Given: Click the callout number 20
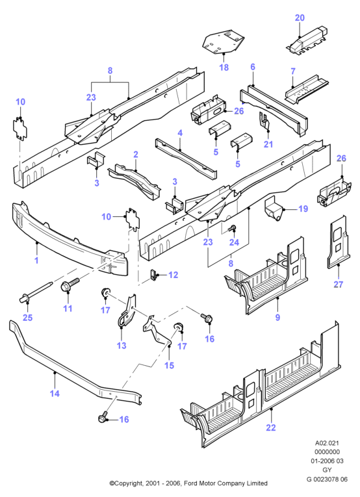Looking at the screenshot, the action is tap(300, 18).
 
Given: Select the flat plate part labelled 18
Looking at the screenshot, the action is tap(223, 42).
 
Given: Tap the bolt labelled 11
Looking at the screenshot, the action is tap(70, 284).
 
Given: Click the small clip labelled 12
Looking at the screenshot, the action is tap(154, 275).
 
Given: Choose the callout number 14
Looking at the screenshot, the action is tap(55, 393).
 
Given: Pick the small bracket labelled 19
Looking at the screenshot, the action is tap(274, 208).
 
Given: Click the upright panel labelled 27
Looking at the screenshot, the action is tap(338, 242).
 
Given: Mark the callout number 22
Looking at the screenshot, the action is tap(271, 427).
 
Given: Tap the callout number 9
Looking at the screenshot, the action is tap(277, 317).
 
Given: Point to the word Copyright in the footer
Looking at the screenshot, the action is tap(129, 483).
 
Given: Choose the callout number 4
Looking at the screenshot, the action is tap(180, 133).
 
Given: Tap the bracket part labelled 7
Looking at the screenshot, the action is tap(307, 89).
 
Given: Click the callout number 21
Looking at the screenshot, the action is tap(268, 144).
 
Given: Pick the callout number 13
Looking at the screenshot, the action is tap(122, 345).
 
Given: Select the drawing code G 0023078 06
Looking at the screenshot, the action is tap(327, 479).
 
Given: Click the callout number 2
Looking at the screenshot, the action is tap(136, 155).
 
